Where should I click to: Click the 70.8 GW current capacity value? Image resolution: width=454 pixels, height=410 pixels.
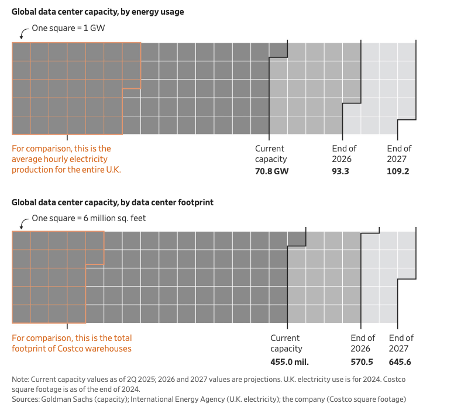click(x=271, y=171)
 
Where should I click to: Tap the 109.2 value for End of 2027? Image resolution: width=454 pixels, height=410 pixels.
click(x=398, y=171)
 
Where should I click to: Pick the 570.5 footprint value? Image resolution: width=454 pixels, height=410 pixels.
click(x=362, y=361)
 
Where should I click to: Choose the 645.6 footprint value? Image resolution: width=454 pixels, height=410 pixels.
click(x=400, y=361)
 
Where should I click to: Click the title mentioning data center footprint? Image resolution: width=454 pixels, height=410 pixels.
click(x=112, y=202)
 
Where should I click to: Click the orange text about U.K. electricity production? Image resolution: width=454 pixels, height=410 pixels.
click(x=70, y=159)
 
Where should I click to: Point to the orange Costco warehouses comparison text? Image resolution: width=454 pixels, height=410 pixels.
click(x=71, y=343)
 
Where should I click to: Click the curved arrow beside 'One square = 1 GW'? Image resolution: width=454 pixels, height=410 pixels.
click(x=24, y=31)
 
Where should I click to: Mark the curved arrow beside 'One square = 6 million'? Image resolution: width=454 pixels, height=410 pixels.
click(x=24, y=222)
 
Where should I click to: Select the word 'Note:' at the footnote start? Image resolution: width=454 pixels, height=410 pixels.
click(x=22, y=379)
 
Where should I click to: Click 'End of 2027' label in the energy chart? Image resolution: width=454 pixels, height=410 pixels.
click(x=399, y=154)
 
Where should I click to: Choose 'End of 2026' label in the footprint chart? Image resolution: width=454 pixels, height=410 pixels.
click(x=363, y=343)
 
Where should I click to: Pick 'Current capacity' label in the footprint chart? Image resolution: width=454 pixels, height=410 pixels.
click(x=286, y=343)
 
